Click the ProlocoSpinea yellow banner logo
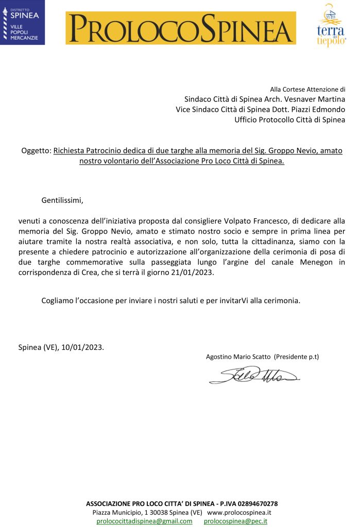point(180,28)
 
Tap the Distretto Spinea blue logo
point(22,23)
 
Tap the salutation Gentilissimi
point(62,200)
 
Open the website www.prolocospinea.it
point(239,513)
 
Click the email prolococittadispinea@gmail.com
point(144,521)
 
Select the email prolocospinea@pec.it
point(235,521)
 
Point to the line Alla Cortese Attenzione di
point(307,90)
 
